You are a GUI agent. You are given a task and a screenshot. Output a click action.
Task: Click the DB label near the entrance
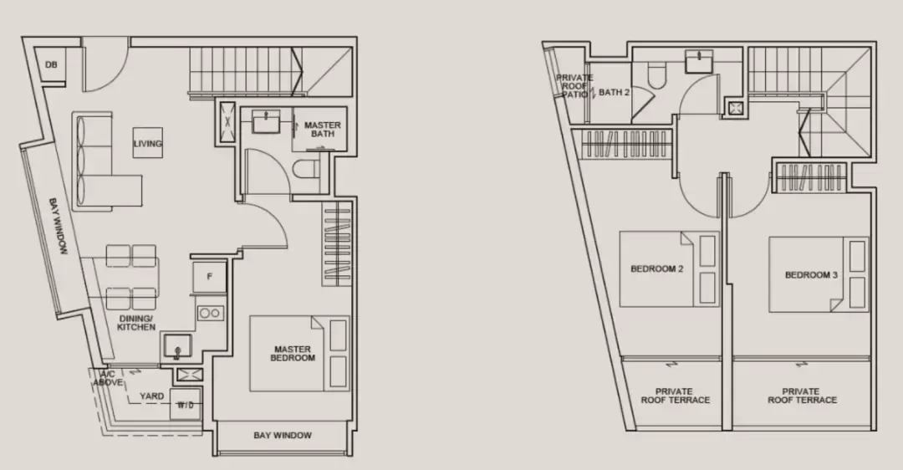pyautogui.click(x=51, y=65)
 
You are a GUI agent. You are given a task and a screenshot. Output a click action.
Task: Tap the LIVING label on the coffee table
pyautogui.click(x=148, y=143)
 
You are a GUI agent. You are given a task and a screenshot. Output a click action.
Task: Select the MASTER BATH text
pyautogui.click(x=323, y=129)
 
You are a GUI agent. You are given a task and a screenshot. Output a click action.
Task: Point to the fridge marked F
pyautogui.click(x=210, y=277)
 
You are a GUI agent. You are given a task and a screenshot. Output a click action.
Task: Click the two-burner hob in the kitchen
pyautogui.click(x=210, y=314)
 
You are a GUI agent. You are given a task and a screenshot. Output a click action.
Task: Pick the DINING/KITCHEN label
pyautogui.click(x=136, y=323)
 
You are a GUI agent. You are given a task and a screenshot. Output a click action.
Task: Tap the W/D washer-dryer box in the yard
pyautogui.click(x=186, y=405)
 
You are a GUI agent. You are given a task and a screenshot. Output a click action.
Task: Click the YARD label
pyautogui.click(x=151, y=396)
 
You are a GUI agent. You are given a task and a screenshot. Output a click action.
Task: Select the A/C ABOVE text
pyautogui.click(x=108, y=378)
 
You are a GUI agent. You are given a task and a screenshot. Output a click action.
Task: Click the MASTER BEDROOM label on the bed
pyautogui.click(x=293, y=354)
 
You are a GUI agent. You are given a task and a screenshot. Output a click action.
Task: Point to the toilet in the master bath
pyautogui.click(x=306, y=169)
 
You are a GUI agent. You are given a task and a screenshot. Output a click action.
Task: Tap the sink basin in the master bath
pyautogui.click(x=266, y=121)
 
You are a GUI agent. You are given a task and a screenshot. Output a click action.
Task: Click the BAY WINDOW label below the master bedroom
pyautogui.click(x=283, y=436)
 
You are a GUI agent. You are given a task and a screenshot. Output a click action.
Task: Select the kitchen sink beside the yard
pyautogui.click(x=176, y=346)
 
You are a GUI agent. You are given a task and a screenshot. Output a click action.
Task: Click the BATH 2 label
pyautogui.click(x=615, y=92)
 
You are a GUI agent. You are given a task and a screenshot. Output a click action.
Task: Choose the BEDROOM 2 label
pyautogui.click(x=657, y=268)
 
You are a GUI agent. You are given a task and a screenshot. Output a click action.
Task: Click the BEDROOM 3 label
pyautogui.click(x=811, y=275)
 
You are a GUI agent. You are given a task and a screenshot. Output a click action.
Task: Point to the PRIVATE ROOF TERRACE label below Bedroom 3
pyautogui.click(x=802, y=395)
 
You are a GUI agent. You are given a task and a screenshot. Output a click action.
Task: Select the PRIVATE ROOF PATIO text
pyautogui.click(x=574, y=86)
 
